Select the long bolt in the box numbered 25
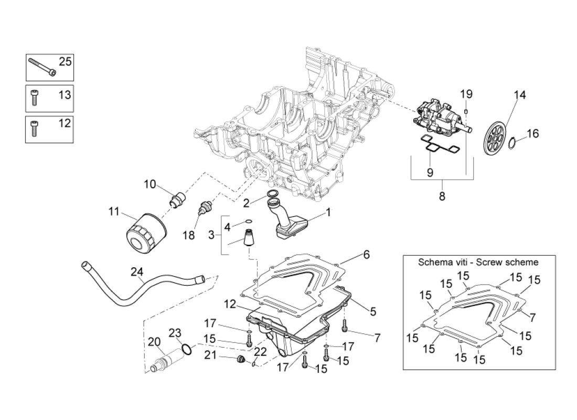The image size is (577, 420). click(x=42, y=67)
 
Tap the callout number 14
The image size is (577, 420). click(x=519, y=95)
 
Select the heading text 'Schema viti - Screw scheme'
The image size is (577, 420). click(x=478, y=262)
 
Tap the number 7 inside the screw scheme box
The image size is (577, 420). click(x=532, y=317)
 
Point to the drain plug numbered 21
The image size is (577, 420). click(x=241, y=359)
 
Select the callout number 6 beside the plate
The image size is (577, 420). click(x=366, y=255)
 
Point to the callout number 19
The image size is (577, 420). click(x=466, y=94)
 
